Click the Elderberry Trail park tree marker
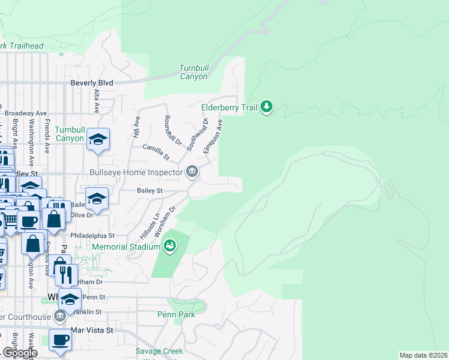267,107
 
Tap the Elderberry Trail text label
229,107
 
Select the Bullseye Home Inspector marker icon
191,172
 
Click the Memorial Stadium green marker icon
170,246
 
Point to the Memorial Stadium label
126,247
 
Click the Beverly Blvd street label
92,83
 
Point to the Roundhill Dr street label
172,130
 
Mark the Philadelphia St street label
92,236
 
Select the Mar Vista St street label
92,331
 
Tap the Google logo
19,353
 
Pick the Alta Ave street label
96,101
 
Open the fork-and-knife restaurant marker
66,275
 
